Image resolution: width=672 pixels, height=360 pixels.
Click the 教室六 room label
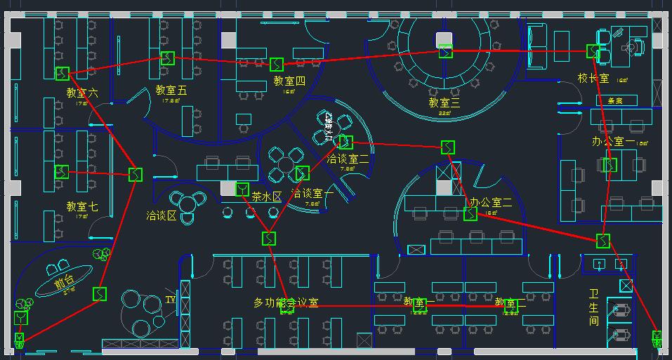click(82, 93)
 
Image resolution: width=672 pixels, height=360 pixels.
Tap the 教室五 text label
click(171, 90)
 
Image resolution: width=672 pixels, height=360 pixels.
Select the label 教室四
click(289, 81)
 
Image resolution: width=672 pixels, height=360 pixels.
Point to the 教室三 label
click(444, 102)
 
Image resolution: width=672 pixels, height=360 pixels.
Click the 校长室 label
click(593, 78)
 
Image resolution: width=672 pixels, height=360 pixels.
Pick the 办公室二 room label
click(491, 203)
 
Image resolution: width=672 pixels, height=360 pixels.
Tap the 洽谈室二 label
click(349, 159)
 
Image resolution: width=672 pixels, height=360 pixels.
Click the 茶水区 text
click(267, 197)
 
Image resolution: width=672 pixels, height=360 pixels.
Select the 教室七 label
click(82, 206)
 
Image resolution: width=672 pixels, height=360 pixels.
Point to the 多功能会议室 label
click(286, 302)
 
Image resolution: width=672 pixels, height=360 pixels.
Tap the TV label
click(171, 299)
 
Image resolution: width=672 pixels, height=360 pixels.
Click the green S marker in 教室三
click(446, 51)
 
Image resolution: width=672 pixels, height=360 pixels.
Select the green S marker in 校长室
click(593, 51)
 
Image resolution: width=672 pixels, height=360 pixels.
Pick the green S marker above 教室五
click(167, 58)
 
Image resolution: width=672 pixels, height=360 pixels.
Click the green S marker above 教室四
click(277, 64)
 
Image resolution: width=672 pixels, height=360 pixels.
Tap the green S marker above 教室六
click(62, 73)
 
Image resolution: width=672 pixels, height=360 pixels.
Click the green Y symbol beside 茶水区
click(242, 189)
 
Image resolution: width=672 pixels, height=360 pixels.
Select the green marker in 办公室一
click(610, 165)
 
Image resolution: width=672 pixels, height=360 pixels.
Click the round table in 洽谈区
click(190, 204)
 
